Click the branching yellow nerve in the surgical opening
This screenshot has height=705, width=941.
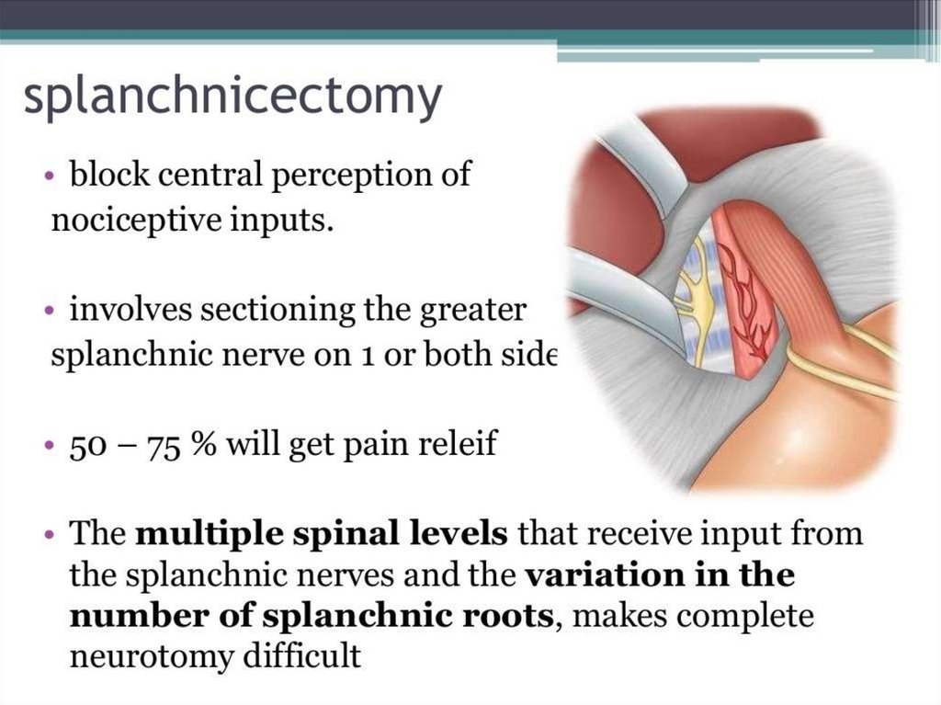697,294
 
